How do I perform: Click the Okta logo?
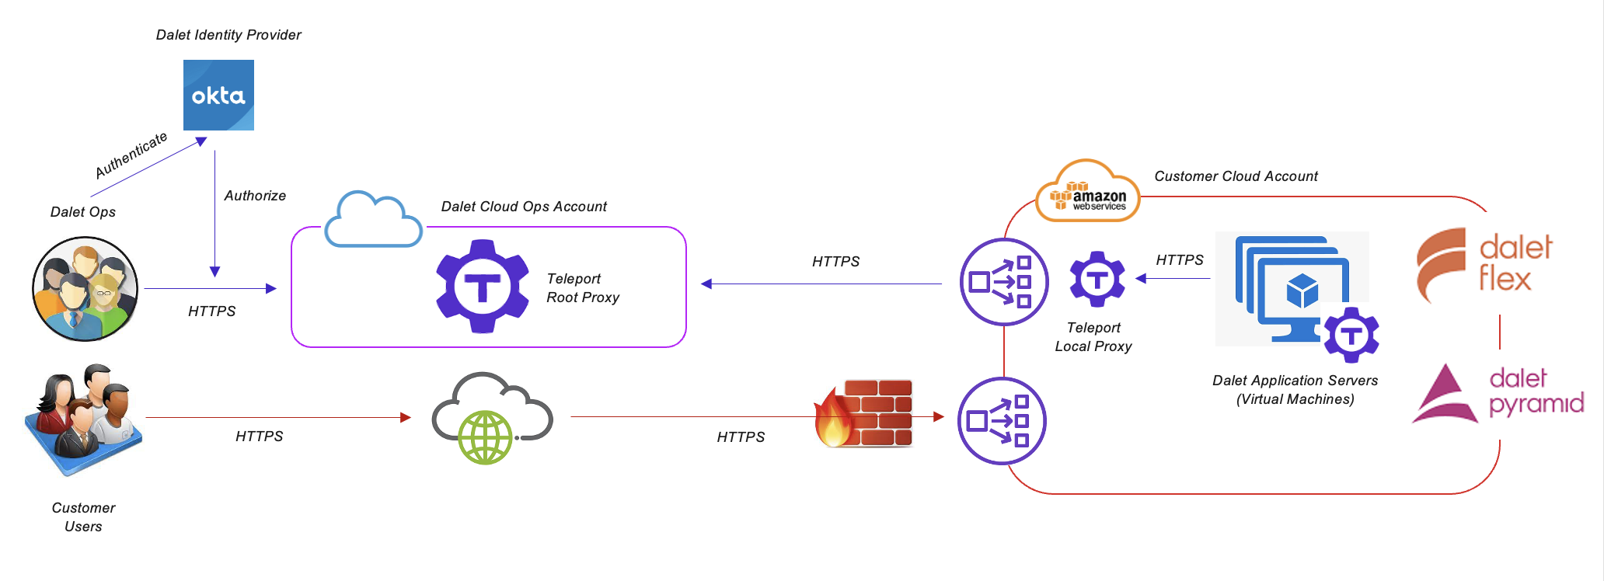pyautogui.click(x=218, y=95)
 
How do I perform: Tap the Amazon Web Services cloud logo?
pyautogui.click(x=1088, y=191)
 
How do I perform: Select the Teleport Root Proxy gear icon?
pyautogui.click(x=483, y=287)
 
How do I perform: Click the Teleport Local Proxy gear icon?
pyautogui.click(x=1097, y=279)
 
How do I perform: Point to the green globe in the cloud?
pyautogui.click(x=485, y=437)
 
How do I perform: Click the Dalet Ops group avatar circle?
pyautogui.click(x=85, y=289)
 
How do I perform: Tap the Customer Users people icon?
pyautogui.click(x=84, y=419)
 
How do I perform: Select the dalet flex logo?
pyautogui.click(x=1484, y=264)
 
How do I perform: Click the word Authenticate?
pyautogui.click(x=131, y=155)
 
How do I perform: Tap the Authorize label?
pyautogui.click(x=255, y=196)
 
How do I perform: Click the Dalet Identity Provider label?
pyautogui.click(x=228, y=35)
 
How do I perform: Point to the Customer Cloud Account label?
pyautogui.click(x=1236, y=176)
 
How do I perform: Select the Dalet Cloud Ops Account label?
pyautogui.click(x=524, y=207)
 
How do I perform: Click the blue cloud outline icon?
pyautogui.click(x=373, y=219)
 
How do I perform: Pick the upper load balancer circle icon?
pyautogui.click(x=1004, y=282)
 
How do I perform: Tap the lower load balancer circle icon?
pyautogui.click(x=1002, y=421)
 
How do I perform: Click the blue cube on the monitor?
pyautogui.click(x=1302, y=290)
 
